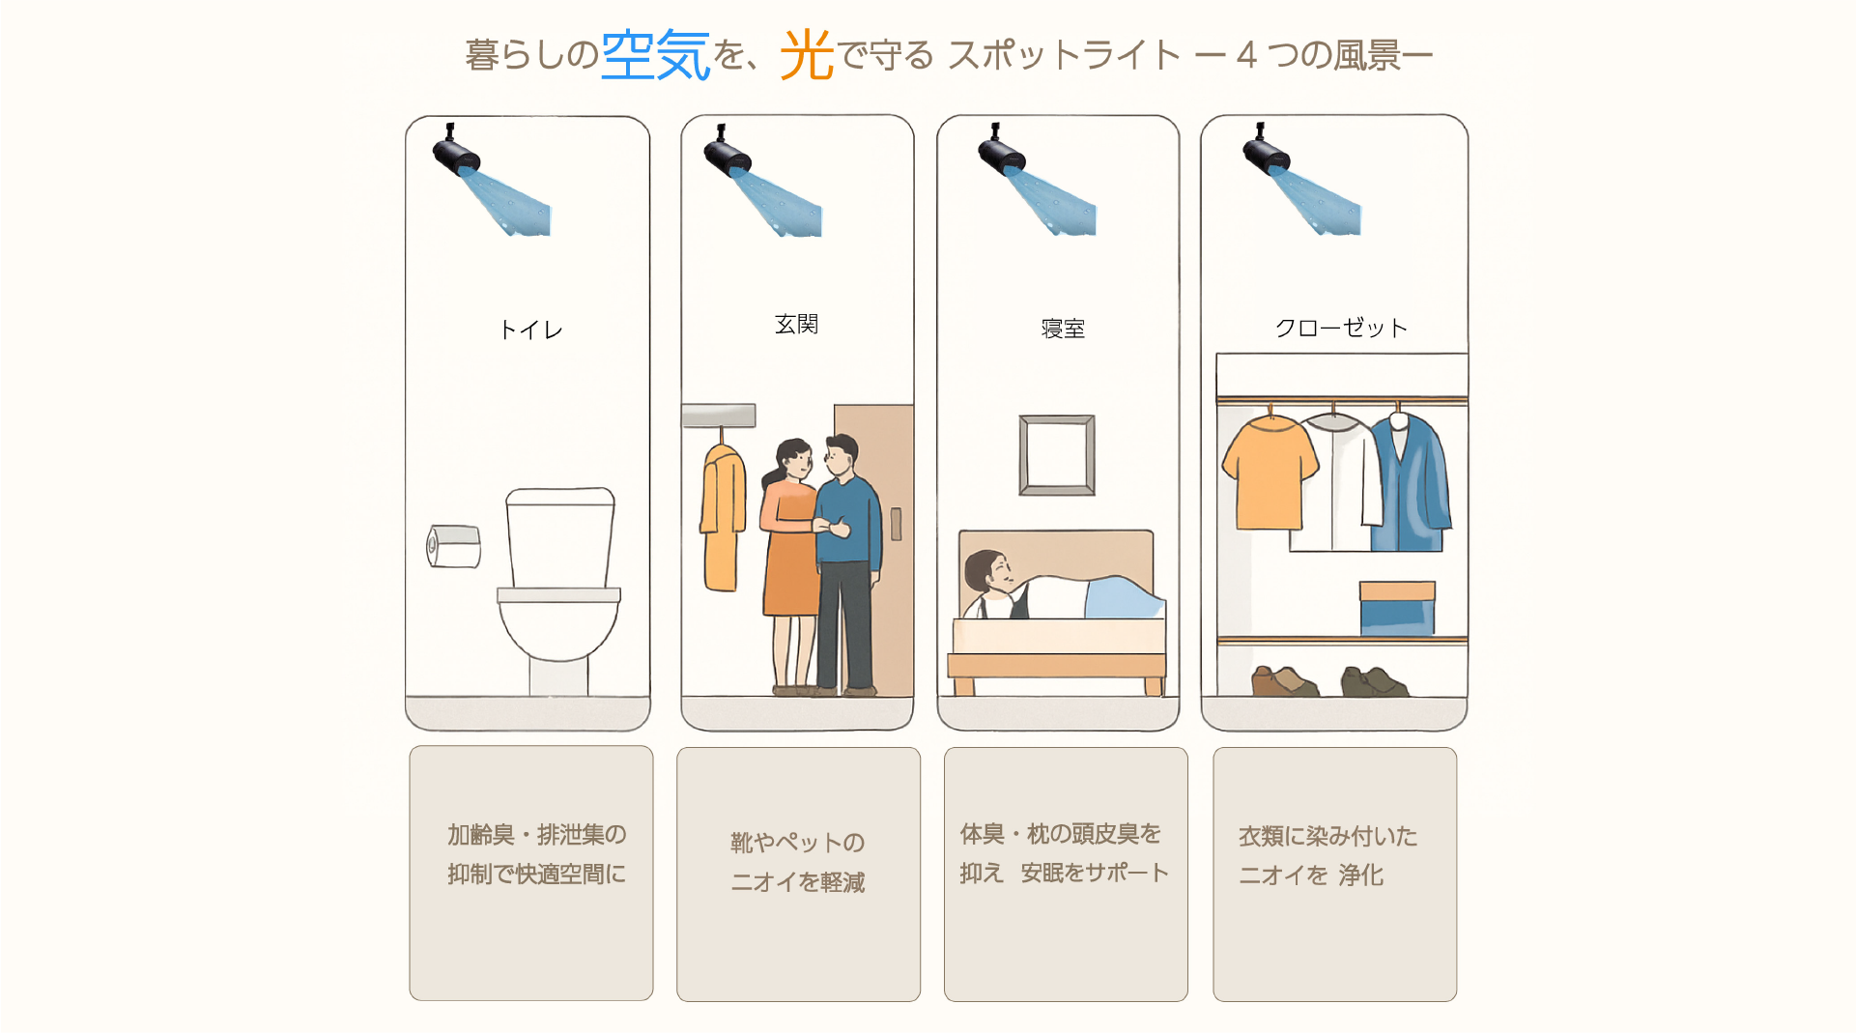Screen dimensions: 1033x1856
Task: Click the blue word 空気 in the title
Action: pyautogui.click(x=655, y=54)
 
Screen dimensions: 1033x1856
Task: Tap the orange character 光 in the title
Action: pyautogui.click(x=807, y=54)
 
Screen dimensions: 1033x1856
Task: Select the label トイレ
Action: pyautogui.click(x=530, y=330)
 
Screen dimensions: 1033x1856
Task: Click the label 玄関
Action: pyautogui.click(x=796, y=325)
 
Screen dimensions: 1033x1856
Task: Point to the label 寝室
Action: pyautogui.click(x=1063, y=330)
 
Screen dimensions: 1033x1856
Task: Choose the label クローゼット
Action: pyautogui.click(x=1340, y=329)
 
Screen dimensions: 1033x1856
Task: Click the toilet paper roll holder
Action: pyautogui.click(x=454, y=547)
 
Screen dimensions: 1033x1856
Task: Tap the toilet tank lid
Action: pyautogui.click(x=560, y=497)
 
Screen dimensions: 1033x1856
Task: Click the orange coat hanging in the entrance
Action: pyautogui.click(x=723, y=517)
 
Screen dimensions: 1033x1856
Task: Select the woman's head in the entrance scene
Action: pyautogui.click(x=794, y=459)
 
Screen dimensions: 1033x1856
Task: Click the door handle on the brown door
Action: pyautogui.click(x=896, y=524)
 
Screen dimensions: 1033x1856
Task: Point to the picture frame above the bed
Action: pyautogui.click(x=1057, y=455)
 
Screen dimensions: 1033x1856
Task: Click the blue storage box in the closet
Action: pyautogui.click(x=1397, y=608)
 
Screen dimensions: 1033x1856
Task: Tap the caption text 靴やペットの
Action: pyautogui.click(x=797, y=843)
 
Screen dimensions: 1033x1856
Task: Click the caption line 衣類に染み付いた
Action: pyautogui.click(x=1328, y=836)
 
